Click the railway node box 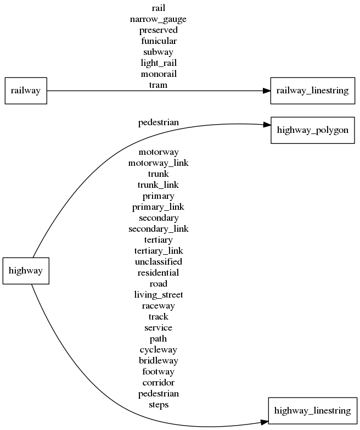(x=26, y=90)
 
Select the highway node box (x=26, y=271)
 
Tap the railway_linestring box (x=312, y=91)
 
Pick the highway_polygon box (x=312, y=130)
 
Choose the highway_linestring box (x=312, y=410)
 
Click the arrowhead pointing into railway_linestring (x=266, y=91)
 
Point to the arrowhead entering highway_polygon (x=266, y=126)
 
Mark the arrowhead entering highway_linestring (x=264, y=421)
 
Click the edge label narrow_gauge (x=158, y=19)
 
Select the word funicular (x=158, y=41)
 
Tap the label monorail (x=158, y=74)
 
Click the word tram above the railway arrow (x=158, y=85)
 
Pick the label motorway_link (x=158, y=163)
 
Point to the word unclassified (x=158, y=262)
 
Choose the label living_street (x=158, y=295)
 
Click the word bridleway (x=158, y=361)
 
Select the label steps (x=158, y=405)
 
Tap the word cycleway (x=158, y=350)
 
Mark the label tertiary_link (x=158, y=251)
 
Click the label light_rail (x=158, y=63)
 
